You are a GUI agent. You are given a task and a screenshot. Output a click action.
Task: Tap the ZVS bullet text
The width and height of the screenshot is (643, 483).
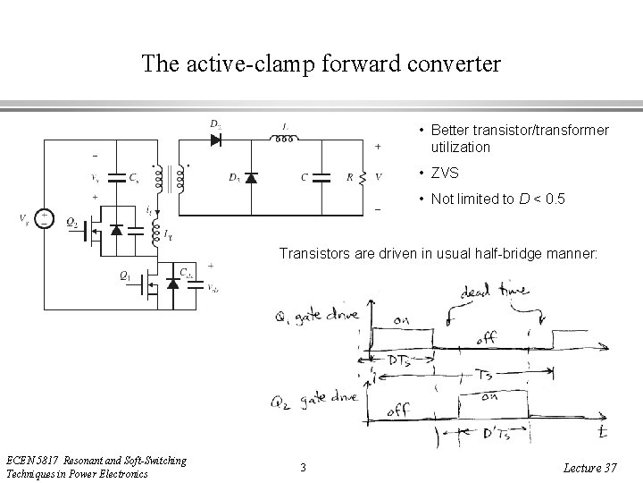[445, 173]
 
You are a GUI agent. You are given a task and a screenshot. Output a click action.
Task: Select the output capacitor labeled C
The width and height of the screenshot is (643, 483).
[322, 177]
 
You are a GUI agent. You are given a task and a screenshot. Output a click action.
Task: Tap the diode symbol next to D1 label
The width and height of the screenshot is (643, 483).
[251, 177]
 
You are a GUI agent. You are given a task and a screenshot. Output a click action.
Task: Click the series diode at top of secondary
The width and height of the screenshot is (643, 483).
[216, 139]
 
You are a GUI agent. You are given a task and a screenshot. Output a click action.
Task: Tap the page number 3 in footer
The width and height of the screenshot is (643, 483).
[303, 467]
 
